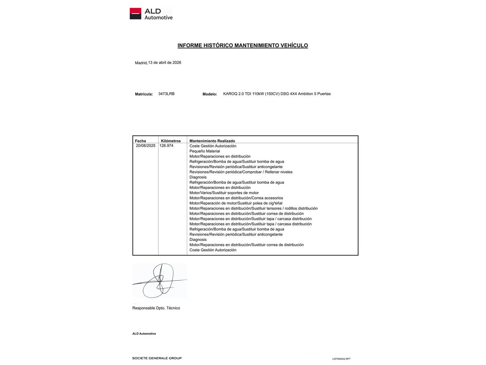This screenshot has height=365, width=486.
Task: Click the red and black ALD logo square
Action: pos(135,14)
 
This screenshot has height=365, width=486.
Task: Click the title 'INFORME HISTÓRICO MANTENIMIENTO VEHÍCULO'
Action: pos(243,45)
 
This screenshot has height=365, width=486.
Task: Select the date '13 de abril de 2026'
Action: pos(165,63)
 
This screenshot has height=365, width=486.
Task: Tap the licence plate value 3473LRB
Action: pos(166,94)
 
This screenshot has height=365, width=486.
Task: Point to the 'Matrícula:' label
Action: pos(144,94)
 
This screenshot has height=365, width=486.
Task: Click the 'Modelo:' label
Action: pos(210,94)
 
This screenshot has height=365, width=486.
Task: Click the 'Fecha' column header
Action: pos(140,141)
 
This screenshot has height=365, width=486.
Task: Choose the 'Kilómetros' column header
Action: pos(171,141)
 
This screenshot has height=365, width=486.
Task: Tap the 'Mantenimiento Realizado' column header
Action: pos(212,141)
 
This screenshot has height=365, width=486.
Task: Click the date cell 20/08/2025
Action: pos(146,146)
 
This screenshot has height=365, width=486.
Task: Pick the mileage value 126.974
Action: pos(166,146)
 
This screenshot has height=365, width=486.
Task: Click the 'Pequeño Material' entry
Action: pos(205,151)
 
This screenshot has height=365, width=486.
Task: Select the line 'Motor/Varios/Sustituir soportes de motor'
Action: pos(224,193)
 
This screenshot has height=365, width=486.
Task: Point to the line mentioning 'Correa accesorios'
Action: pos(236,198)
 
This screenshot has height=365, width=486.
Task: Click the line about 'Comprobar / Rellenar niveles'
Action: pos(241,172)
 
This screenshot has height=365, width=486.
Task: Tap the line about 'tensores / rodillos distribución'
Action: pos(253,209)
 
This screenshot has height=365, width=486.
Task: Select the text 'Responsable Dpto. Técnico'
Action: pos(156,308)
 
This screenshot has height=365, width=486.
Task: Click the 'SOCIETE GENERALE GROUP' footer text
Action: pos(157,358)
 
